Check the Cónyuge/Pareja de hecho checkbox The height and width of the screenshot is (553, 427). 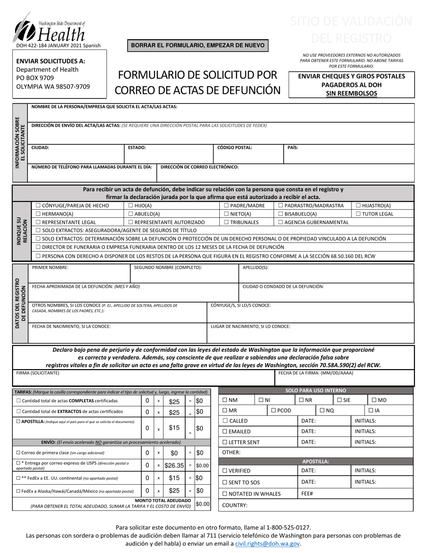[38, 205]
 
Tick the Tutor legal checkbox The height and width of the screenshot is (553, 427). [359, 214]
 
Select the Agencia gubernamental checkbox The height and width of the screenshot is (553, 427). [281, 222]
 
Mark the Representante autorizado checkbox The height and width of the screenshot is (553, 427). [131, 222]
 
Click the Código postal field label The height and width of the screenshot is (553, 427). [235, 147]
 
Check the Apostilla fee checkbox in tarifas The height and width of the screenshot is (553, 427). [18, 422]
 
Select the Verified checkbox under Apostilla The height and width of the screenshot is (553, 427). [225, 471]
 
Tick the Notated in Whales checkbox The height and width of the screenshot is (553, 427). [225, 494]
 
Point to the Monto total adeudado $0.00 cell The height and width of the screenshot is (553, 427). [203, 504]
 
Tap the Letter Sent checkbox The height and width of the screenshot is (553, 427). [225, 442]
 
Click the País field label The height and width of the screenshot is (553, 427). [293, 147]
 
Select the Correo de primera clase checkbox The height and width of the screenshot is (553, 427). [18, 453]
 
